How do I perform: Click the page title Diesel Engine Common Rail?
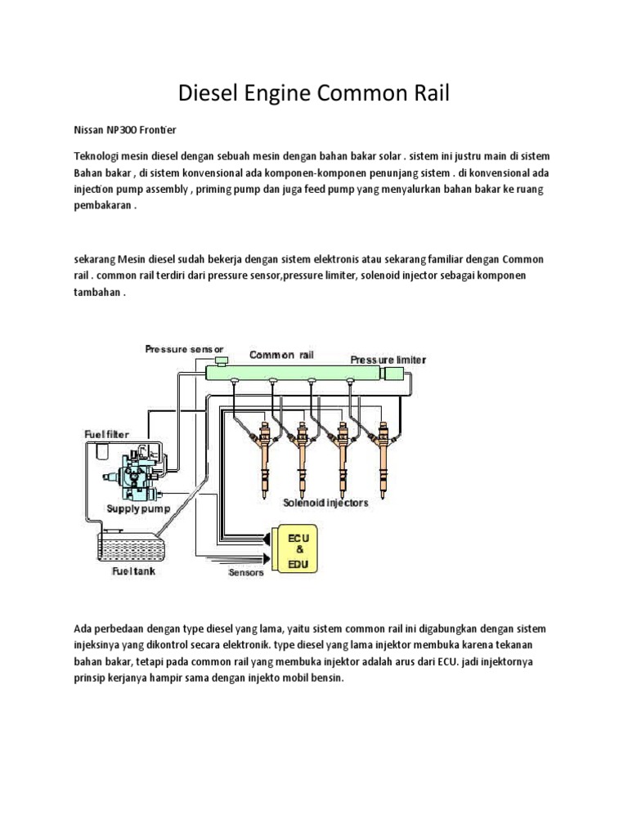pyautogui.click(x=314, y=95)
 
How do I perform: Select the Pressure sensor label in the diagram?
pyautogui.click(x=184, y=349)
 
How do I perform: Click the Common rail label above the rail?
pyautogui.click(x=281, y=355)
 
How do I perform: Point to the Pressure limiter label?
pyautogui.click(x=388, y=359)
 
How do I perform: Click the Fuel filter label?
pyautogui.click(x=105, y=433)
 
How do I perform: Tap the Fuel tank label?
pyautogui.click(x=133, y=571)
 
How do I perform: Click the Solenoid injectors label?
pyautogui.click(x=325, y=503)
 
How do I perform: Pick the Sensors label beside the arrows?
pyautogui.click(x=245, y=573)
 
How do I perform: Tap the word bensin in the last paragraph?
pyautogui.click(x=325, y=678)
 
